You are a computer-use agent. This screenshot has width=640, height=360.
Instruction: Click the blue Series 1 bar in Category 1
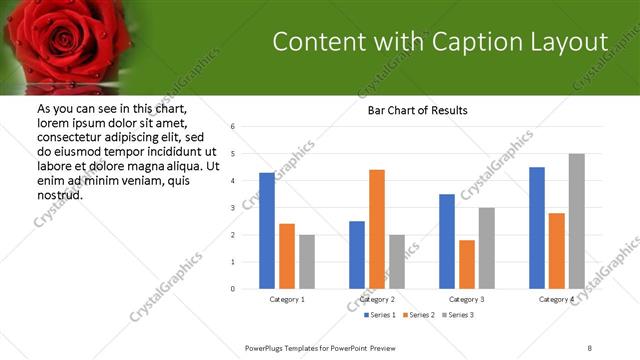(x=267, y=231)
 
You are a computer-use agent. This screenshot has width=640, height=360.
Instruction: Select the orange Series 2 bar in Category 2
(x=377, y=229)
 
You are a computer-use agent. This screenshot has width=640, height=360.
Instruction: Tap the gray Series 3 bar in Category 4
(x=577, y=221)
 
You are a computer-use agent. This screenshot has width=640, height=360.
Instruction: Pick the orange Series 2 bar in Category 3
(x=467, y=264)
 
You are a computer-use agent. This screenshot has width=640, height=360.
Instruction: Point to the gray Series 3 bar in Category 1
(x=306, y=262)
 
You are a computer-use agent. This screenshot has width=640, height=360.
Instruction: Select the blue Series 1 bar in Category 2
(x=357, y=255)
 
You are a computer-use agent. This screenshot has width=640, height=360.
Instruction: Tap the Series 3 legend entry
(x=457, y=315)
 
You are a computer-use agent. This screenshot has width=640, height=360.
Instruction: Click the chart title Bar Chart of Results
(x=411, y=110)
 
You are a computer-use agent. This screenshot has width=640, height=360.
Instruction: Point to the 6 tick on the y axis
(x=232, y=127)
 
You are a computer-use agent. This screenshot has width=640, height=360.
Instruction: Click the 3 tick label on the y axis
(x=232, y=208)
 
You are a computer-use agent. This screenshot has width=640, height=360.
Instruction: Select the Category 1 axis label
(x=287, y=299)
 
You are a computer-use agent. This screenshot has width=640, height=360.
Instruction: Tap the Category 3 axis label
(x=467, y=299)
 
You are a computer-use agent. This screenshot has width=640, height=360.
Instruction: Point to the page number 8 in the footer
(x=590, y=347)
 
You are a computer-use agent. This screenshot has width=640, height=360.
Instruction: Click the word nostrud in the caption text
(x=59, y=194)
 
